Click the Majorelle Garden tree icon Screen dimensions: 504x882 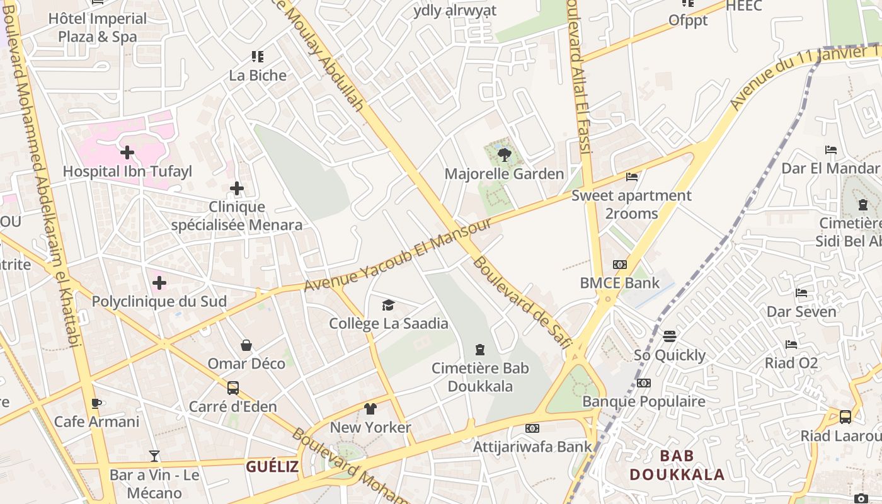pyautogui.click(x=503, y=154)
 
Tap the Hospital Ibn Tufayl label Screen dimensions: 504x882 pyautogui.click(x=127, y=171)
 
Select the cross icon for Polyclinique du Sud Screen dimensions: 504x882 pyautogui.click(x=159, y=283)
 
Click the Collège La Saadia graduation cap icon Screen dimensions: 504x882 pyautogui.click(x=388, y=306)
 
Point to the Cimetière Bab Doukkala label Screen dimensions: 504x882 pyautogui.click(x=480, y=377)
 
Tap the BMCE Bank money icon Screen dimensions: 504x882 pyautogui.click(x=620, y=265)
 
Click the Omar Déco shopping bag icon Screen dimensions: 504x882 pyautogui.click(x=246, y=345)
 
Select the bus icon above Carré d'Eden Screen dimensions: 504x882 pyautogui.click(x=233, y=388)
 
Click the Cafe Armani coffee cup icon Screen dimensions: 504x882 pyautogui.click(x=96, y=403)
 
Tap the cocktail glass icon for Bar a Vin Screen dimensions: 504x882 pyautogui.click(x=154, y=455)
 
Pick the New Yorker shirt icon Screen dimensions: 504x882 pyautogui.click(x=370, y=409)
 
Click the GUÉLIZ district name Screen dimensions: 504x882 pyautogui.click(x=272, y=467)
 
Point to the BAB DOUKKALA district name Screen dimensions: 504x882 pyautogui.click(x=677, y=465)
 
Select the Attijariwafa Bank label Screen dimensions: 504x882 pyautogui.click(x=532, y=447)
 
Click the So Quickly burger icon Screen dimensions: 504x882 pyautogui.click(x=670, y=336)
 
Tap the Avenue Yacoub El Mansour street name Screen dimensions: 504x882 pyautogui.click(x=398, y=255)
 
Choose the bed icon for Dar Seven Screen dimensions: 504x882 pyautogui.click(x=801, y=293)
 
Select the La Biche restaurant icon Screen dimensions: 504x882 pyautogui.click(x=257, y=57)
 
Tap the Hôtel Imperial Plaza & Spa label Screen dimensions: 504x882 pyautogui.click(x=98, y=28)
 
